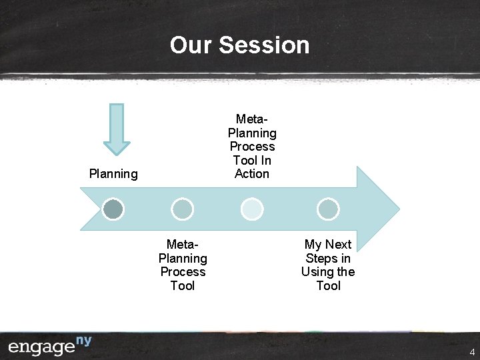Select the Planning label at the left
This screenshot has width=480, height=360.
tap(113, 174)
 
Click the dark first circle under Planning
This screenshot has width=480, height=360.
tap(114, 209)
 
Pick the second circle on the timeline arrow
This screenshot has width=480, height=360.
tap(182, 209)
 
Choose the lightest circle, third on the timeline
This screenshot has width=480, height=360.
tap(252, 209)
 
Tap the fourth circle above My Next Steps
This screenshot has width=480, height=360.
tap(328, 209)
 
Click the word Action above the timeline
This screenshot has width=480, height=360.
tap(252, 174)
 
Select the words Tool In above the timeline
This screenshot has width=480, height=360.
tap(252, 160)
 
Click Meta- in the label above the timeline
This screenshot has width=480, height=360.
tap(252, 119)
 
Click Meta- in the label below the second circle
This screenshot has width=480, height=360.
tap(183, 245)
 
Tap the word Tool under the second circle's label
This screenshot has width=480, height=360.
tap(183, 286)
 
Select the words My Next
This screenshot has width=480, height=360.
tap(328, 245)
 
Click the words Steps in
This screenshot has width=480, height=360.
tap(328, 259)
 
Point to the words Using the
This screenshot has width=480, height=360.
tap(328, 272)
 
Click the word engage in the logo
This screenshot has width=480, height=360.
tap(41, 347)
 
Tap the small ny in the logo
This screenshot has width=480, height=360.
tap(83, 341)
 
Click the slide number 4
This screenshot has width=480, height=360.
tap(472, 352)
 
